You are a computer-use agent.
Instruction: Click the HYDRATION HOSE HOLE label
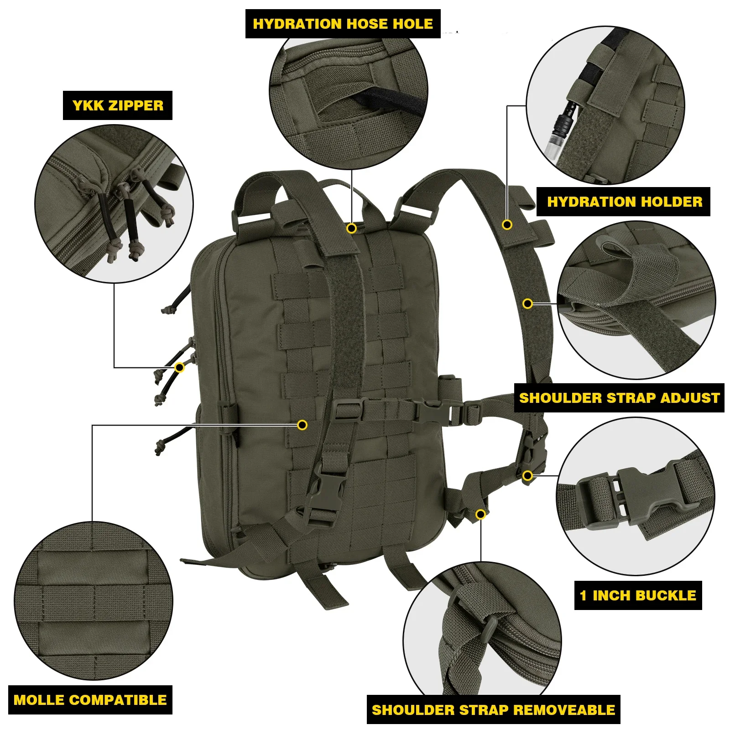343,24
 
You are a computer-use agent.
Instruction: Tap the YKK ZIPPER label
118,105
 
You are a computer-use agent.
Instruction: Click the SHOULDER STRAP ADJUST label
619,398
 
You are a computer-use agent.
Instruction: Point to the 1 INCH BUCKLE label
638,595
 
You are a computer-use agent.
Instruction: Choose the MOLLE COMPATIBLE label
90,700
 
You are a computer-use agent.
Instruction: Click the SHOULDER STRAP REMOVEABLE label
493,710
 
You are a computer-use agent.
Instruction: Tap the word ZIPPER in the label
136,105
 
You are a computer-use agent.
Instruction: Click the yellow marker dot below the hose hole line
351,228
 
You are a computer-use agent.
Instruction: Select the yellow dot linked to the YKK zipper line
180,367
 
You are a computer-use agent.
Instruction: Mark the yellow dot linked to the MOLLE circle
302,425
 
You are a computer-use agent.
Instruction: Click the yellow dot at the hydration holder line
507,224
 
